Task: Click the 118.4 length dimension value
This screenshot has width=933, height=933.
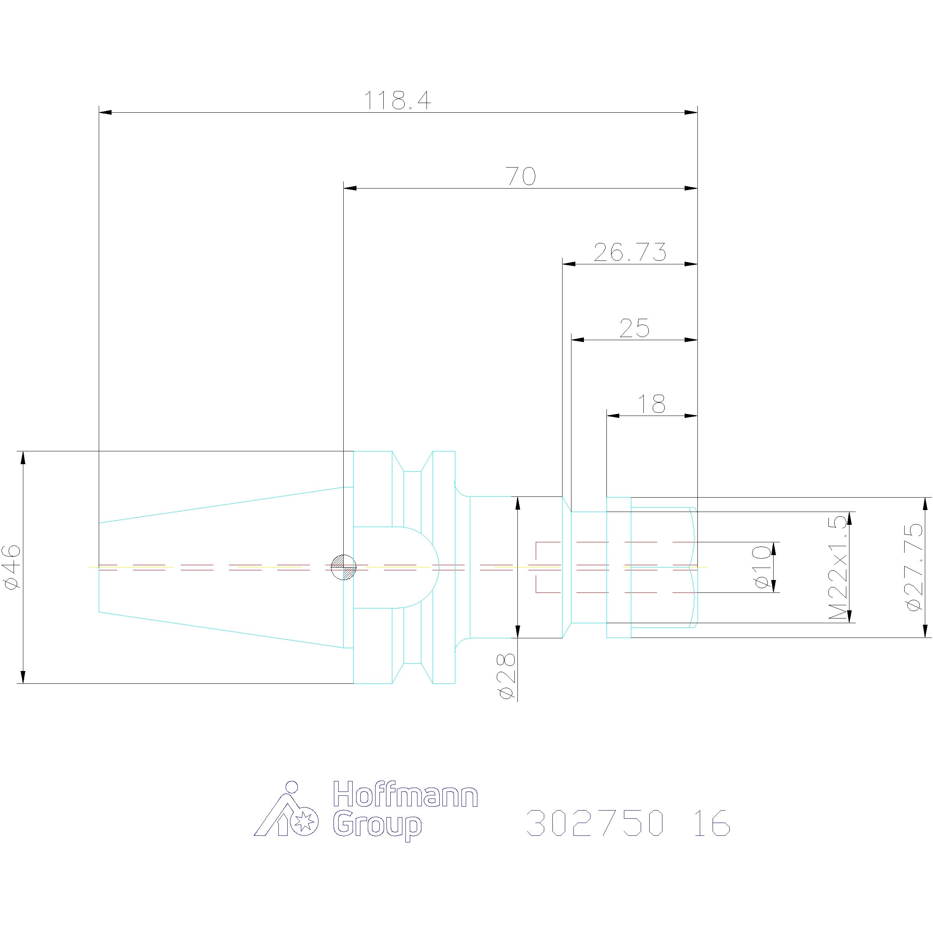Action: coord(397,100)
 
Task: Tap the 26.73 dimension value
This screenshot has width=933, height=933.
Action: coord(630,252)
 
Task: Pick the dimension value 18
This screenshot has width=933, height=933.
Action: coord(652,404)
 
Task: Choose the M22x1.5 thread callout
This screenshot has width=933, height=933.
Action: coord(837,568)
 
